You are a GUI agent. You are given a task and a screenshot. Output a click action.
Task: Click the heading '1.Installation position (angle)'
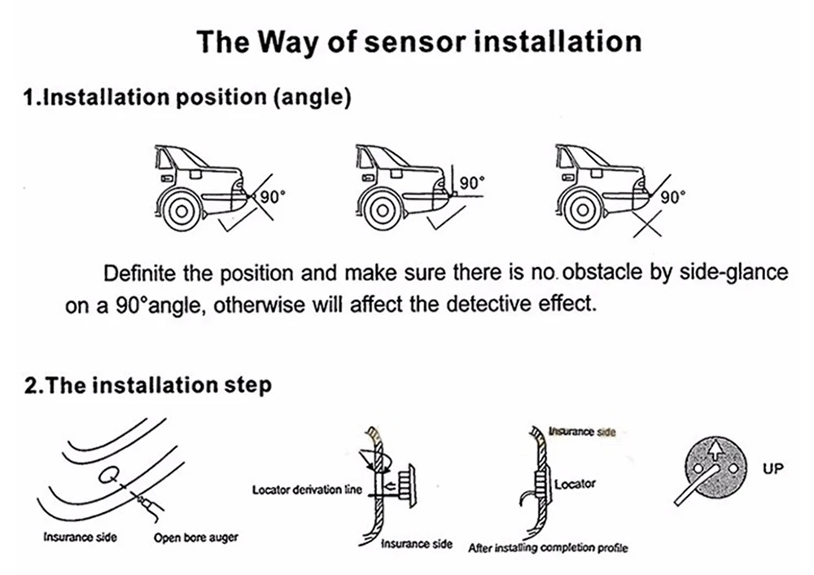(x=187, y=98)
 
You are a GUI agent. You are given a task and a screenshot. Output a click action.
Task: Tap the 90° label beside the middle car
(x=472, y=183)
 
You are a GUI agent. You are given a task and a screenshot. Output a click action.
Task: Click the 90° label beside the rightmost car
(x=672, y=197)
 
